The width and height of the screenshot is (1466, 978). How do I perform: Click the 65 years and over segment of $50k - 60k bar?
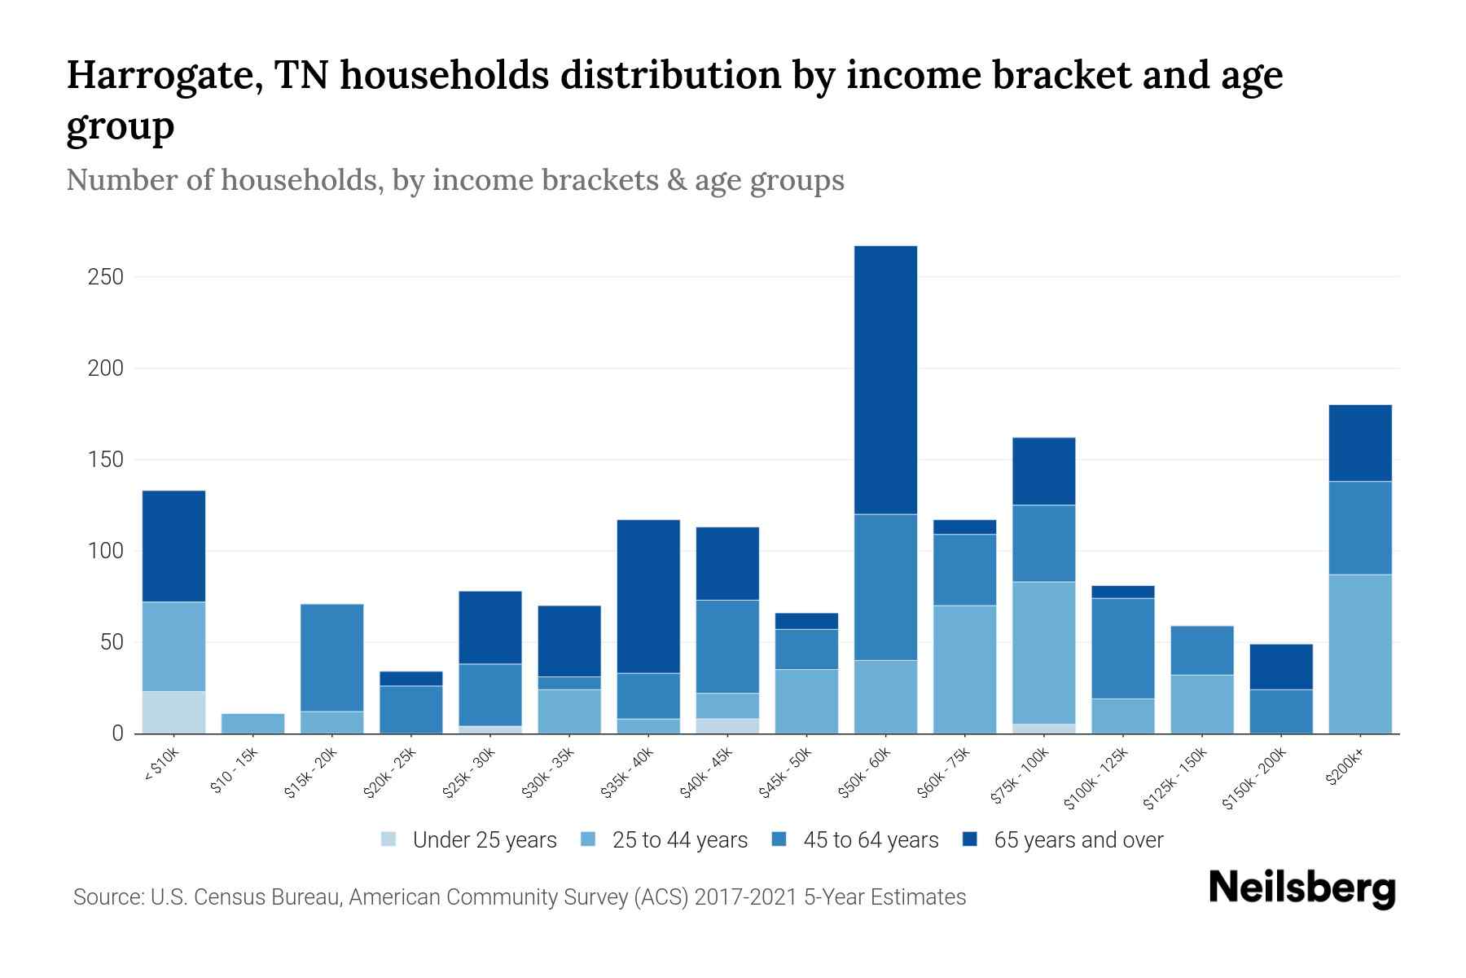pyautogui.click(x=885, y=380)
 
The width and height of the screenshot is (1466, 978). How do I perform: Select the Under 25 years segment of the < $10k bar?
pyautogui.click(x=173, y=712)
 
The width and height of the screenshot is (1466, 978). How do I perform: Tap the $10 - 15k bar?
pyautogui.click(x=252, y=724)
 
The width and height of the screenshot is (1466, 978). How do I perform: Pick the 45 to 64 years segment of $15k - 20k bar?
pyautogui.click(x=331, y=658)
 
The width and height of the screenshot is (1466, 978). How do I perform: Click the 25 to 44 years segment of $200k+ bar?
pyautogui.click(x=1360, y=654)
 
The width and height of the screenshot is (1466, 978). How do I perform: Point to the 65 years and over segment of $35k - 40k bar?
pyautogui.click(x=648, y=597)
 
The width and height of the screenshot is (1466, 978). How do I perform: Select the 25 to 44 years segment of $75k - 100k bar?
pyautogui.click(x=1043, y=652)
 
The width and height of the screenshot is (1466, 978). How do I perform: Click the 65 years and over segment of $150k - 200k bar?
pyautogui.click(x=1281, y=667)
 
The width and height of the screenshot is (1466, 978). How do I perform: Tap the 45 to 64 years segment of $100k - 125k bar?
pyautogui.click(x=1122, y=648)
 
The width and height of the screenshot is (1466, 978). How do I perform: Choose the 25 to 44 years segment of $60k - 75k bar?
pyautogui.click(x=964, y=669)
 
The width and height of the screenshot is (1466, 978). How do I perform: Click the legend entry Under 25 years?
pyautogui.click(x=484, y=840)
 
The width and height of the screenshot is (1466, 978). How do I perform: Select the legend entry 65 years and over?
pyautogui.click(x=1078, y=840)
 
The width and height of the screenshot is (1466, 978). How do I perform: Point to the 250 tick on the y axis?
pyautogui.click(x=105, y=277)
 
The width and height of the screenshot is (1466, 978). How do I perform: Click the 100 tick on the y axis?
pyautogui.click(x=105, y=551)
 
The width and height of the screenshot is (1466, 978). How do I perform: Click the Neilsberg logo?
pyautogui.click(x=1301, y=888)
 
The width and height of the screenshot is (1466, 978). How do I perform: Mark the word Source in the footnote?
pyautogui.click(x=108, y=897)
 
